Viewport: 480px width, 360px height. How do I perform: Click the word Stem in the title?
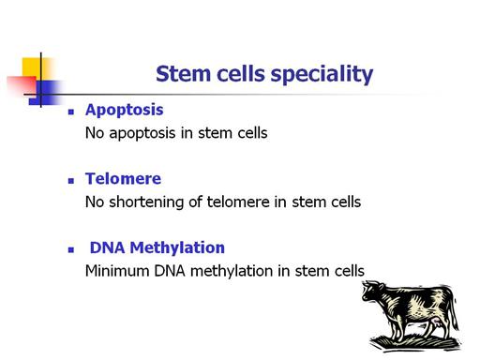coord(183,74)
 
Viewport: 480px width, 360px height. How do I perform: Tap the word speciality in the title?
coord(322,75)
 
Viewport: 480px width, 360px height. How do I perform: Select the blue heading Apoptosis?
coord(125,111)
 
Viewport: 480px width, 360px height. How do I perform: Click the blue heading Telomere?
coord(123,178)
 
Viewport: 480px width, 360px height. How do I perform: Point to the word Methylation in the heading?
coord(177,247)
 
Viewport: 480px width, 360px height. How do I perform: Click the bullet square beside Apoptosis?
coord(71,112)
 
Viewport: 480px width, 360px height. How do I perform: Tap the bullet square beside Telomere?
coord(71,181)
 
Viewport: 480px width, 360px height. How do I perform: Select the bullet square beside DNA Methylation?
coord(71,249)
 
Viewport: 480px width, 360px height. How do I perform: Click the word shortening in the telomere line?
coord(146,202)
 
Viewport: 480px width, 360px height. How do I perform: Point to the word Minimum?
coord(117,271)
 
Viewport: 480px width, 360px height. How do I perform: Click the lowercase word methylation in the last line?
coord(232,271)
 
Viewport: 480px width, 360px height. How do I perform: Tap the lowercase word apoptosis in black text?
coord(142,134)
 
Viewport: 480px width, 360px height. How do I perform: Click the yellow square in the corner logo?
coord(35,67)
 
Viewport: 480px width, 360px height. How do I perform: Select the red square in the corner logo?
coord(22,85)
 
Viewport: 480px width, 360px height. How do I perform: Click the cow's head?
coord(372,291)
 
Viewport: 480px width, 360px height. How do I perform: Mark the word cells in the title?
coord(241,74)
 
